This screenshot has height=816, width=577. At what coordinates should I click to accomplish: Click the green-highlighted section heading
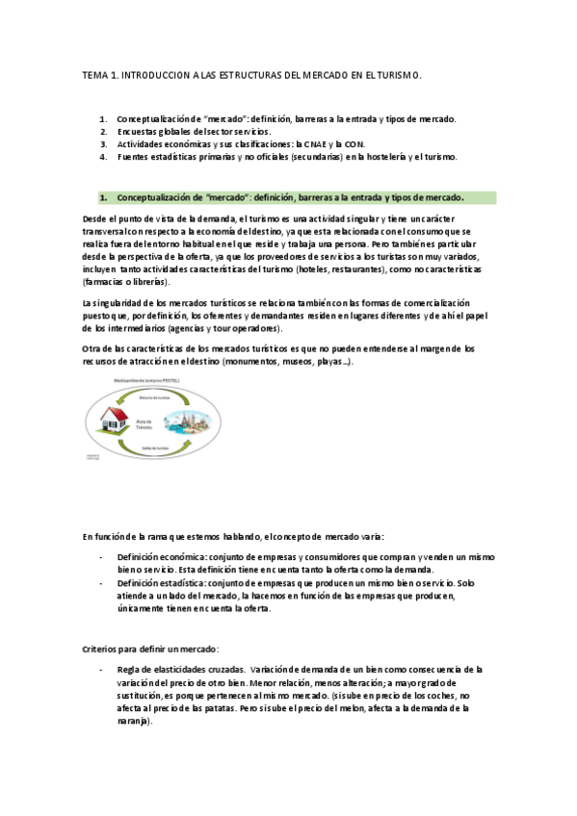[289, 198]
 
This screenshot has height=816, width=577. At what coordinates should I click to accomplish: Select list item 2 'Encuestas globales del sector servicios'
[194, 132]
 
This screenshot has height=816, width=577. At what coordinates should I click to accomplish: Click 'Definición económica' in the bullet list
[160, 557]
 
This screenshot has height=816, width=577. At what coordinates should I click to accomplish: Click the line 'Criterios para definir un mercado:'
[150, 648]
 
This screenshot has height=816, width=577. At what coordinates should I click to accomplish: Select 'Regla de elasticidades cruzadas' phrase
[179, 669]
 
